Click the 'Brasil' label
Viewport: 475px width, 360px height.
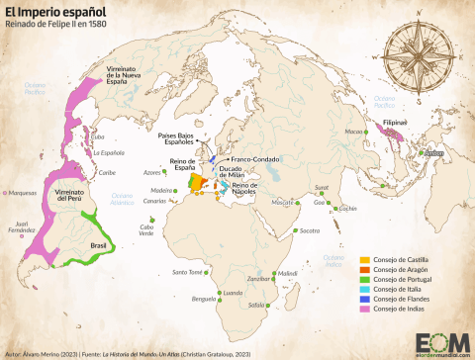pyautogui.click(x=98, y=244)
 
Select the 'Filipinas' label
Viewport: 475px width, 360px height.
pyautogui.click(x=399, y=125)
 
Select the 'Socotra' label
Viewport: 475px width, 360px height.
pyautogui.click(x=311, y=230)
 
